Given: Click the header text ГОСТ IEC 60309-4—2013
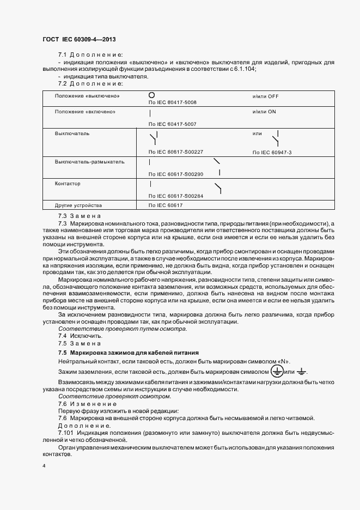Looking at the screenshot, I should (x=79, y=40).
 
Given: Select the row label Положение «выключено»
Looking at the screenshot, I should (x=87, y=96).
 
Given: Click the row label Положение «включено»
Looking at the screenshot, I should (x=85, y=111).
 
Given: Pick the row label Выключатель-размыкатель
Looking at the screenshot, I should (x=90, y=162).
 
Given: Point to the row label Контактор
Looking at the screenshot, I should (x=68, y=184).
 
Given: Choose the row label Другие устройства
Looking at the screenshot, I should (x=78, y=205).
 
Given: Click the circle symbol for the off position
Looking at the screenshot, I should (x=152, y=95).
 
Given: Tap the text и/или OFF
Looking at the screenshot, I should (x=265, y=96).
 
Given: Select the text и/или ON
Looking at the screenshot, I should (x=264, y=111).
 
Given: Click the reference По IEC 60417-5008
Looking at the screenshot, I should (x=172, y=102).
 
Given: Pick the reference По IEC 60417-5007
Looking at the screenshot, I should (x=172, y=124).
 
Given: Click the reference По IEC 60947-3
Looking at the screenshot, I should (x=272, y=153).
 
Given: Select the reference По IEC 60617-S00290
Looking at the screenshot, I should (x=175, y=174).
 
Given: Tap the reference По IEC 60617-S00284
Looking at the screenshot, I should (x=175, y=196).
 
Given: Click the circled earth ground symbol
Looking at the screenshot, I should (x=277, y=371).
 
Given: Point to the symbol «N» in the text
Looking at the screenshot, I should (x=284, y=362).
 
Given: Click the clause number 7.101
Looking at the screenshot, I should (x=67, y=432).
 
